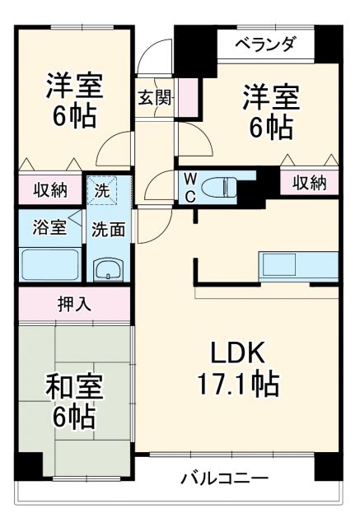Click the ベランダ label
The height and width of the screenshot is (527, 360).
265,44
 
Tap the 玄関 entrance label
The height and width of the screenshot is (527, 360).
154,98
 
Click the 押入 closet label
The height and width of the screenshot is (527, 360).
74,303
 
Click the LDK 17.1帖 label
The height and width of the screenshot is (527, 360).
237,368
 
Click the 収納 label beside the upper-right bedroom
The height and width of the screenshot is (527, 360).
310,183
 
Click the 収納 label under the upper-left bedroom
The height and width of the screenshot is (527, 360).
49,189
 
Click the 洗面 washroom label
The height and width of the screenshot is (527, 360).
109,229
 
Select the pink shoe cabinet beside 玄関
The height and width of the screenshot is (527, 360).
189,98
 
